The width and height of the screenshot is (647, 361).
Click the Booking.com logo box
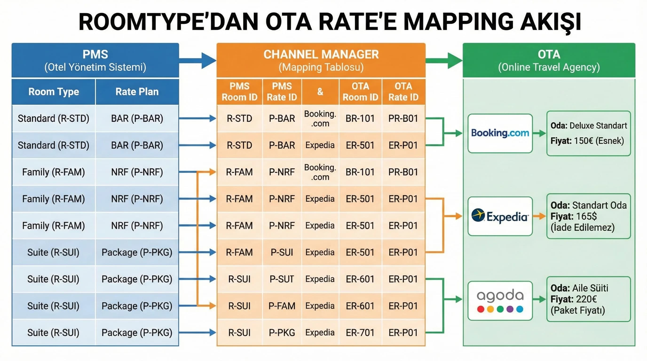coord(500,133)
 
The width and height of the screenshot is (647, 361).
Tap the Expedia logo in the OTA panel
coord(500,216)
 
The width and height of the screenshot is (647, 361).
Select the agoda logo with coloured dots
coord(500,301)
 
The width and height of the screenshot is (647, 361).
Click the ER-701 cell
coord(360,333)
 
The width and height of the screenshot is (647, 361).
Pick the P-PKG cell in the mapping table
coord(282,333)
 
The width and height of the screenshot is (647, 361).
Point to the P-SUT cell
coord(282,279)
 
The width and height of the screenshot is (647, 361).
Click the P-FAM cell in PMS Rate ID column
coord(282,306)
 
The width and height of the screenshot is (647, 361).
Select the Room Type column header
coord(54,92)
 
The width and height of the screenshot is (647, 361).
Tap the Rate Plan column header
coord(137,92)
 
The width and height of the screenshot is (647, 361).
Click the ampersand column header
coord(320,92)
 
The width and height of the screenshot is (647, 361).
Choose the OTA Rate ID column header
coord(403,92)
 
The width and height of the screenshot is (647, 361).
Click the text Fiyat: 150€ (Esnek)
coord(587,141)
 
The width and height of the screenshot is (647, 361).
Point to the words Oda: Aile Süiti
coord(579,288)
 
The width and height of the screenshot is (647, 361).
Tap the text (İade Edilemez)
coord(582,228)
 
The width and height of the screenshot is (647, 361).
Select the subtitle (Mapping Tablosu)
coord(321,67)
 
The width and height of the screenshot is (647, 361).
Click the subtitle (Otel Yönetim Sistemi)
coord(95,67)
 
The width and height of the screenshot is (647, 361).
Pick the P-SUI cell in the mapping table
coord(282,252)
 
